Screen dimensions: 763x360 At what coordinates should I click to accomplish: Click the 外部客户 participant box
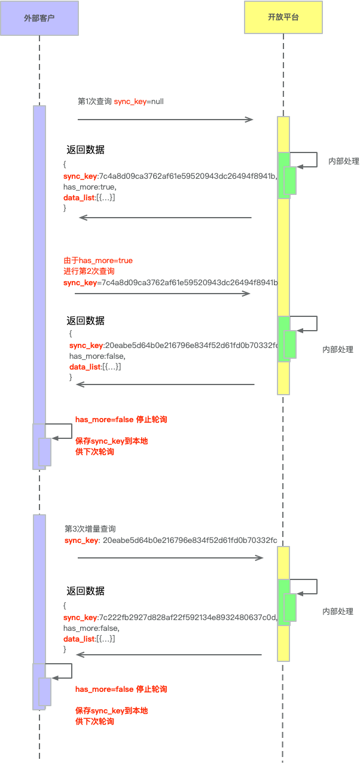click(x=39, y=17)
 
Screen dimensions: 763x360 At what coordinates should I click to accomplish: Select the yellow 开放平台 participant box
click(x=283, y=17)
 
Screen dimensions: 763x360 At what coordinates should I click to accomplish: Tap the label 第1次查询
click(x=94, y=102)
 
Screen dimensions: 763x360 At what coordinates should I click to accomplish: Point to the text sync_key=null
click(x=139, y=102)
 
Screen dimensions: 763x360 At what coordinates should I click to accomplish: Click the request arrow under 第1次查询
click(x=166, y=120)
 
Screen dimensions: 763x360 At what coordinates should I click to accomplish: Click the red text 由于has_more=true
click(x=98, y=261)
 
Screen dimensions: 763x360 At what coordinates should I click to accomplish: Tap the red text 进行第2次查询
click(x=89, y=271)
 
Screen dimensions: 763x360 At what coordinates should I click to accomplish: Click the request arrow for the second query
click(x=162, y=294)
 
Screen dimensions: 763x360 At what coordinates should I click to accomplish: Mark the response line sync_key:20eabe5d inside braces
click(x=173, y=345)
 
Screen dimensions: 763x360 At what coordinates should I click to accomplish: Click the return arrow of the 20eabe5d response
click(x=165, y=384)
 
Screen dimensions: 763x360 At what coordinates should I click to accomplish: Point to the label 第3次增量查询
click(x=90, y=529)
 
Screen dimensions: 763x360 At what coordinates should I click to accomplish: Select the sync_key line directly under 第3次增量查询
click(x=170, y=541)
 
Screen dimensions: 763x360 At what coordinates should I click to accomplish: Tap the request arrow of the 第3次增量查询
click(x=170, y=558)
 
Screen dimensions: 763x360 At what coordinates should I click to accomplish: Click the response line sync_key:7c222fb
click(x=170, y=617)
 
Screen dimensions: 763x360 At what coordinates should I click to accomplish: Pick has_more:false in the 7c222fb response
click(x=91, y=628)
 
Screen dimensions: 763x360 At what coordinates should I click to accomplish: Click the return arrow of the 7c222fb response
click(x=169, y=655)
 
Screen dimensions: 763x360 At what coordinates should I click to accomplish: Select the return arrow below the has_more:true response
click(x=165, y=218)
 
